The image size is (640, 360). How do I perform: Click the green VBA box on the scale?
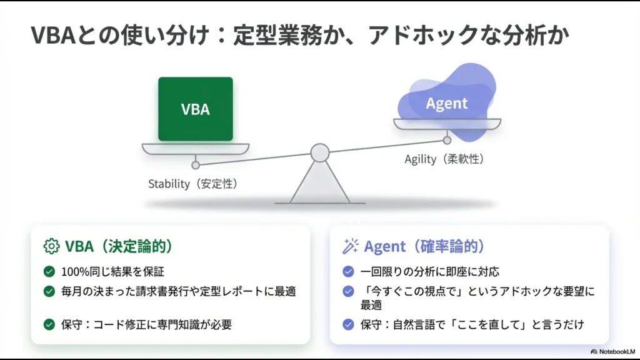pos(195,109)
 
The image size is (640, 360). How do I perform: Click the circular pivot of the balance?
pos(320,152)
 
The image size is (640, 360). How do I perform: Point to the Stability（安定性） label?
pos(192,184)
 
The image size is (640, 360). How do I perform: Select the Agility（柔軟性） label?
pos(444,159)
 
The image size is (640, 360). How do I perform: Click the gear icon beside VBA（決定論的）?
pos(51,246)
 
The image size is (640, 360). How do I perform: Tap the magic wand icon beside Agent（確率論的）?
pos(351,246)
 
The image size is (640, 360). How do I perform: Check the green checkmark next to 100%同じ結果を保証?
pos(49,272)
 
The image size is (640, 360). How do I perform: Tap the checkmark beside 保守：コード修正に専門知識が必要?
pos(49,324)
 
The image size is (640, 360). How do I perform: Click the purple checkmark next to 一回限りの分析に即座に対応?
pos(348,272)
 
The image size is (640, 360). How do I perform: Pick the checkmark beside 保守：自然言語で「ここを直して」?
pos(348,324)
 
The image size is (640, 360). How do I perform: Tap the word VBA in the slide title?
pos(52,36)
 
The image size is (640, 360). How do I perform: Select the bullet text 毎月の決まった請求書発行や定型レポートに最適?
pos(178,291)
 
